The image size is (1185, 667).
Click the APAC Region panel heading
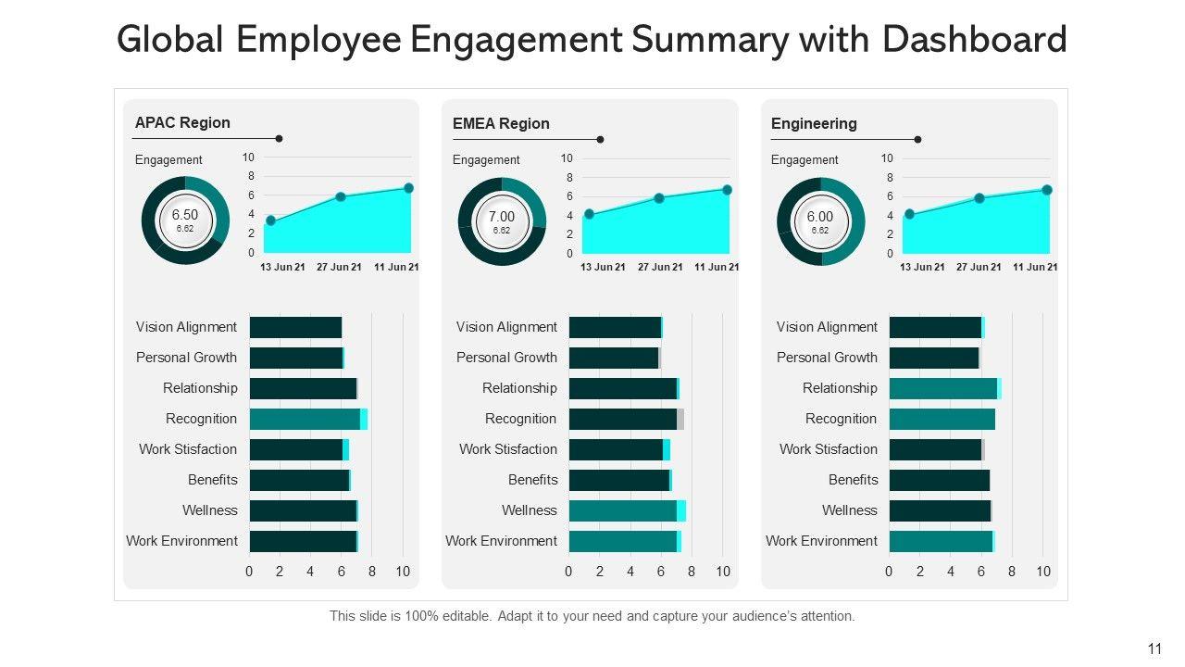tap(182, 122)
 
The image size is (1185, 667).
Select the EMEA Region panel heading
tap(501, 123)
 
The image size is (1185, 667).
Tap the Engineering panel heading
tap(814, 123)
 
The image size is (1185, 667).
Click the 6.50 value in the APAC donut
tap(185, 215)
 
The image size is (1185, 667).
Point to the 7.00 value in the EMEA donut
tap(502, 217)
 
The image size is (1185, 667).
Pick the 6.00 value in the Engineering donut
tap(820, 217)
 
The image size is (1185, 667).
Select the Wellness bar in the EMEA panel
tap(625, 510)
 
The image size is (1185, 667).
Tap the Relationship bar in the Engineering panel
tap(943, 388)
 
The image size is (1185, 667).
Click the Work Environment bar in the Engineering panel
tap(941, 541)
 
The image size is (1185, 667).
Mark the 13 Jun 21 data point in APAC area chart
tap(270, 220)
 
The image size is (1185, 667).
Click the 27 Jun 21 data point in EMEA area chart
tap(659, 198)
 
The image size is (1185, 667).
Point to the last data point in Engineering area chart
tap(1047, 190)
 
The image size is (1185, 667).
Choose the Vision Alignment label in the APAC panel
tap(186, 327)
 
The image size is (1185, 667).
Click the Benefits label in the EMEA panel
tap(532, 480)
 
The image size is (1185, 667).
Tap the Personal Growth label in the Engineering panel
tap(827, 358)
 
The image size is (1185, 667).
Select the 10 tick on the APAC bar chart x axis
tap(403, 572)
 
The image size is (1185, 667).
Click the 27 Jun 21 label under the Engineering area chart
tap(979, 267)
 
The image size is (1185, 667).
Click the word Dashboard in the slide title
tap(974, 40)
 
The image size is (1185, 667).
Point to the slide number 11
tap(1154, 649)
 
